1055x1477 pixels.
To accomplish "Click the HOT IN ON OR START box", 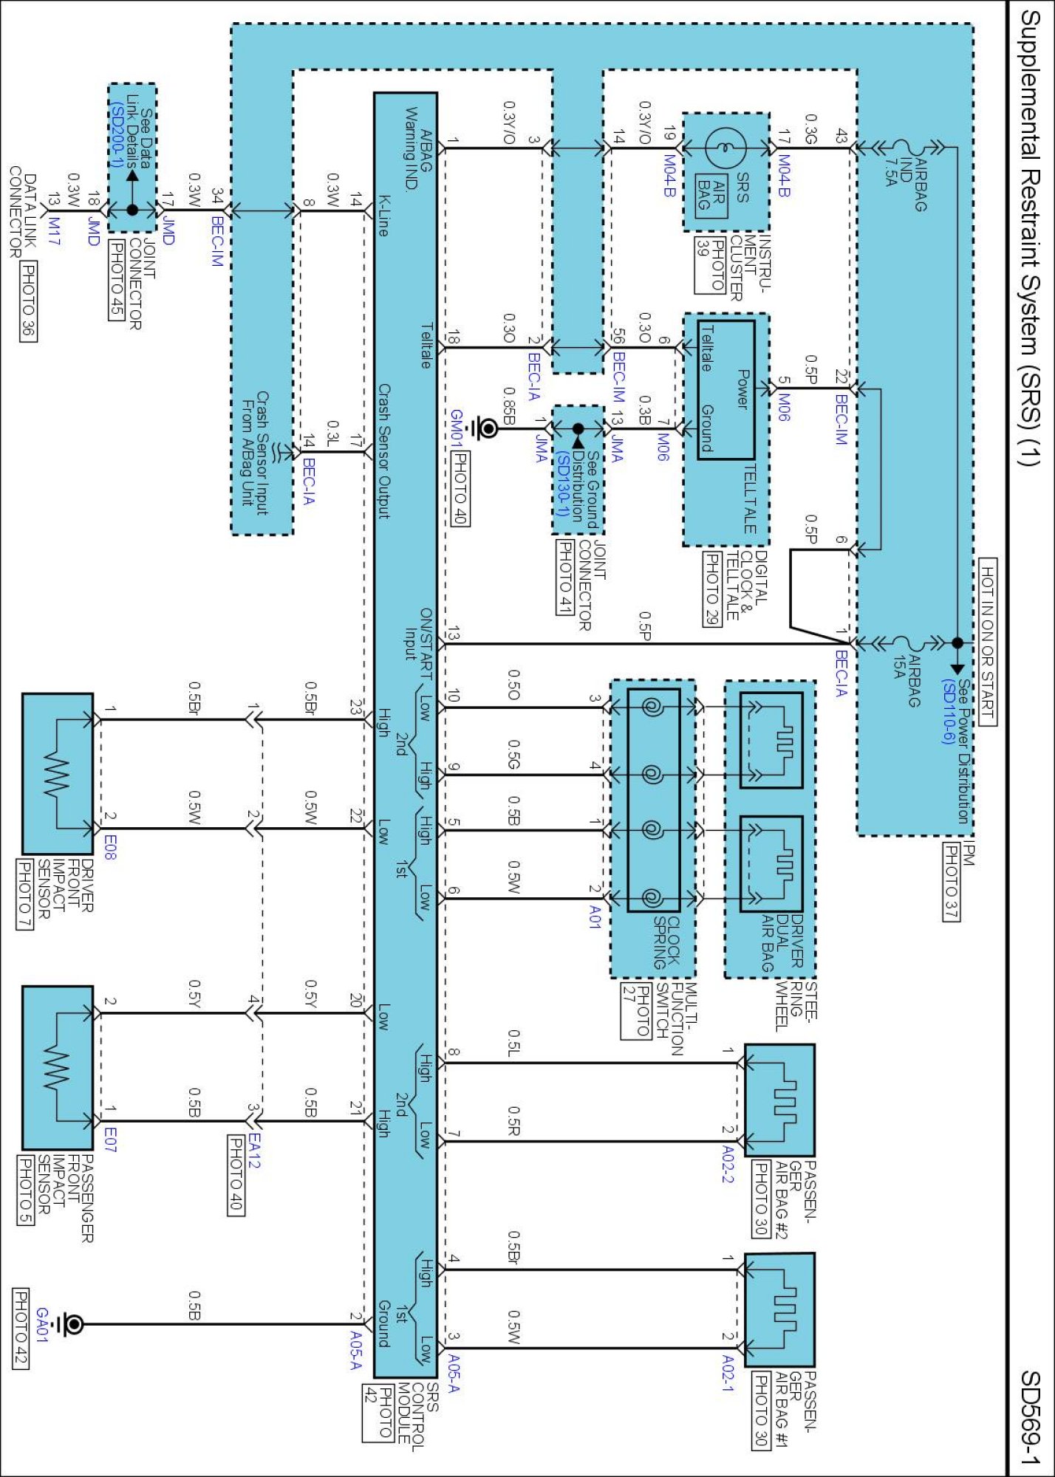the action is point(988,642).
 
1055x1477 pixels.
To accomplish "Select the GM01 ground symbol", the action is point(486,428).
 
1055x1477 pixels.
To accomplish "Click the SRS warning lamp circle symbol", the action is point(725,147).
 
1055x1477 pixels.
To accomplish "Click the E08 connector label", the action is point(110,847).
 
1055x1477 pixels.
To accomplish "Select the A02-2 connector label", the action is point(728,1164).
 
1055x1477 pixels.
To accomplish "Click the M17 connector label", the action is point(55,231).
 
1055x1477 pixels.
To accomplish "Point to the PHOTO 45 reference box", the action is point(117,280).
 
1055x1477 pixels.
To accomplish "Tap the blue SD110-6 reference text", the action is point(949,712).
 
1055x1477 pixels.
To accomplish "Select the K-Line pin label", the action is point(383,215).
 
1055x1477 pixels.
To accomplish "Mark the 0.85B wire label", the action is point(508,405).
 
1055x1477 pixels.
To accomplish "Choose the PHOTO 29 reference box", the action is point(711,589).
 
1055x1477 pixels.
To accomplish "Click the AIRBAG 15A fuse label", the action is point(907,680).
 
